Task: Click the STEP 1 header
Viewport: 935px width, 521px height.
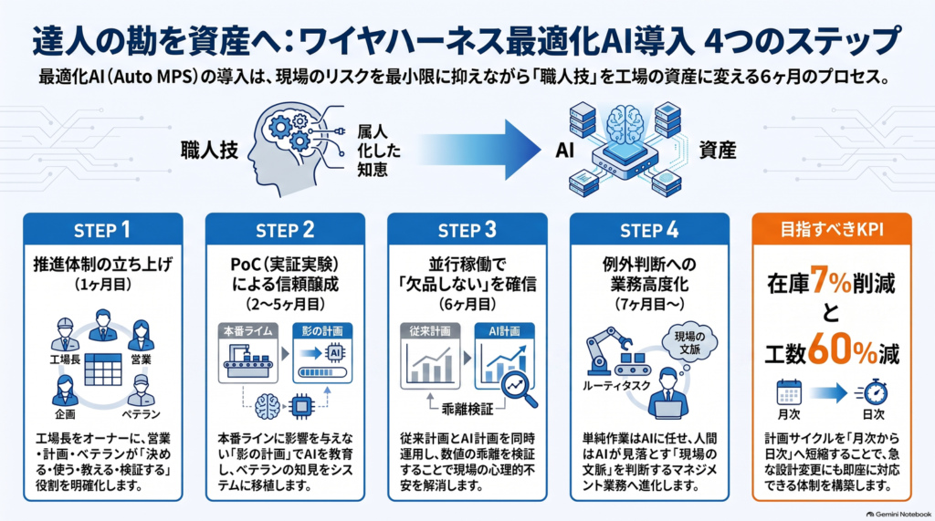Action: click(x=102, y=230)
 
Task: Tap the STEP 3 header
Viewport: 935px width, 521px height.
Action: click(x=467, y=230)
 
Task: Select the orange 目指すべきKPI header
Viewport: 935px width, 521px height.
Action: click(x=832, y=230)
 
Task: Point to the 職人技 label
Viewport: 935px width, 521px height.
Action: click(x=209, y=151)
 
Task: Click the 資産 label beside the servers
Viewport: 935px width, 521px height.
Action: click(x=718, y=151)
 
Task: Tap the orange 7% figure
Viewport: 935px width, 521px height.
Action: click(x=831, y=281)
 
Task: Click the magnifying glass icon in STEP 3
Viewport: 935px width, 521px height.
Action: click(x=518, y=389)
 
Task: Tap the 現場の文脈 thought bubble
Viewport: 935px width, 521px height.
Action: click(x=690, y=343)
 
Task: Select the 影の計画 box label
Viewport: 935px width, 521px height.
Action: click(x=322, y=331)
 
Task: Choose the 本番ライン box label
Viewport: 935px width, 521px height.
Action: click(x=248, y=331)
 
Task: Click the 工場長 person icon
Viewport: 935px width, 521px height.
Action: click(x=65, y=335)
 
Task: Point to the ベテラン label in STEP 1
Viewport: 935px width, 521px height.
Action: click(x=141, y=413)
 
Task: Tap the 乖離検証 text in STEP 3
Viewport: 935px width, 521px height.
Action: click(x=467, y=409)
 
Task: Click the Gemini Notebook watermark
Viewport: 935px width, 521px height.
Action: click(x=898, y=514)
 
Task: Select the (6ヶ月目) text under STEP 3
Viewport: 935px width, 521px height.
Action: click(x=467, y=304)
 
